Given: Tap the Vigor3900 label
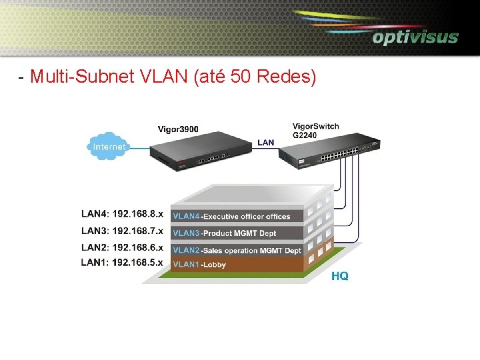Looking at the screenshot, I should pos(178,129).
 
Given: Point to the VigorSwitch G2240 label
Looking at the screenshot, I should pos(315,130).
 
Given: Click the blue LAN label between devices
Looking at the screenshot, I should pos(265,142).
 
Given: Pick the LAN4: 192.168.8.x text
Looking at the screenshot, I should pos(122,215).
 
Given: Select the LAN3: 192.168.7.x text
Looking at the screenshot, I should pos(122,231).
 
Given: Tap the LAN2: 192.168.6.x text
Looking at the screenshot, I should pos(122,247).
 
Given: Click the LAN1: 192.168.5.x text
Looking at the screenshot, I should pos(122,263).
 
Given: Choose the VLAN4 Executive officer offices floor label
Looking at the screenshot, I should pos(231,216).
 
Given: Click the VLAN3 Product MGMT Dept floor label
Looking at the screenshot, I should pos(224,233).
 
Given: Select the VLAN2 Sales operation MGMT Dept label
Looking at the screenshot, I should pos(237,251).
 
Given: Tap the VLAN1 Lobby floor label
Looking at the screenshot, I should pos(199,265).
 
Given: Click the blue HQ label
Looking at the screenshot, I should pos(339,276).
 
